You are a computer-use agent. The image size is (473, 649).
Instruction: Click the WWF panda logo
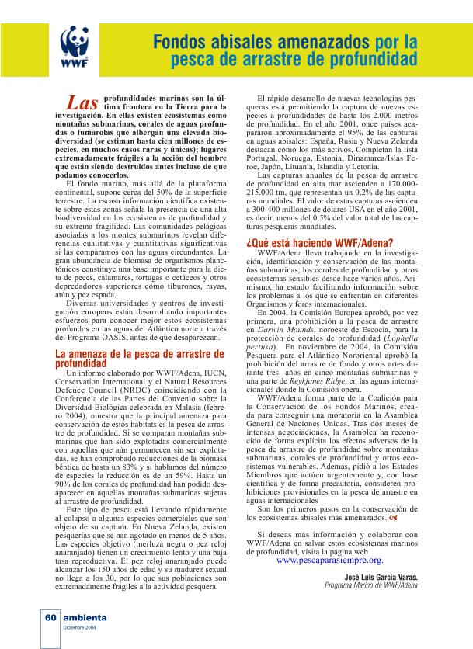[75, 45]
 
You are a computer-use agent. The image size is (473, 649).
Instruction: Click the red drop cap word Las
[82, 104]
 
